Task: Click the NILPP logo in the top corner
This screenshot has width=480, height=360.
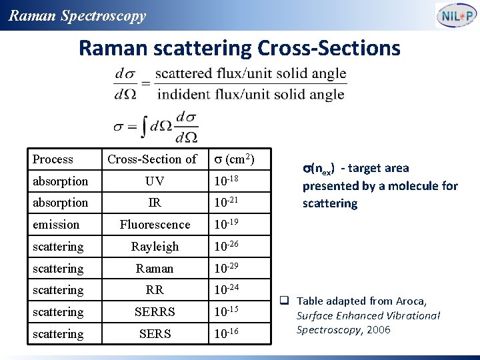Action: pyautogui.click(x=455, y=15)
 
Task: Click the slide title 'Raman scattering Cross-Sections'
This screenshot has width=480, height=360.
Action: pyautogui.click(x=239, y=48)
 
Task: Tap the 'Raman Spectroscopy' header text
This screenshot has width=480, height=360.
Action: pyautogui.click(x=77, y=16)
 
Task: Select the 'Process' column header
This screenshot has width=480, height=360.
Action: pyautogui.click(x=53, y=159)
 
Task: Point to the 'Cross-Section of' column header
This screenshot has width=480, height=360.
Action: pyautogui.click(x=152, y=159)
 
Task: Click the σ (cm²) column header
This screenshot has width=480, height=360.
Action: pyautogui.click(x=233, y=159)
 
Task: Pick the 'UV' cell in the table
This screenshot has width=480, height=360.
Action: pyautogui.click(x=155, y=181)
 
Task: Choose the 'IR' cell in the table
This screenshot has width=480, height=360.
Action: pyautogui.click(x=155, y=203)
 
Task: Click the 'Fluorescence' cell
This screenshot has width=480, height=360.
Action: pyautogui.click(x=155, y=225)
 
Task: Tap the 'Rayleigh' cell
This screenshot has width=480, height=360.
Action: pyautogui.click(x=155, y=247)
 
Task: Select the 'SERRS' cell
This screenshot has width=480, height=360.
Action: pyautogui.click(x=155, y=312)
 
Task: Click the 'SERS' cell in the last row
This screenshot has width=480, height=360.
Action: pyautogui.click(x=155, y=334)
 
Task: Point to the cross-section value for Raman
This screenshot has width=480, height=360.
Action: pyautogui.click(x=226, y=268)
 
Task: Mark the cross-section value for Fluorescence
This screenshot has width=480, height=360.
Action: pyautogui.click(x=226, y=225)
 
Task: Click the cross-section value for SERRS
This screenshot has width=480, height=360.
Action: pyautogui.click(x=226, y=311)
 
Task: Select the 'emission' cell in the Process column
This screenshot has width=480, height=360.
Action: pyautogui.click(x=56, y=225)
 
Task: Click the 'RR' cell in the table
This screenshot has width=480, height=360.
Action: pyautogui.click(x=155, y=290)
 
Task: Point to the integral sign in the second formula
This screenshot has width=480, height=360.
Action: pyautogui.click(x=145, y=125)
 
